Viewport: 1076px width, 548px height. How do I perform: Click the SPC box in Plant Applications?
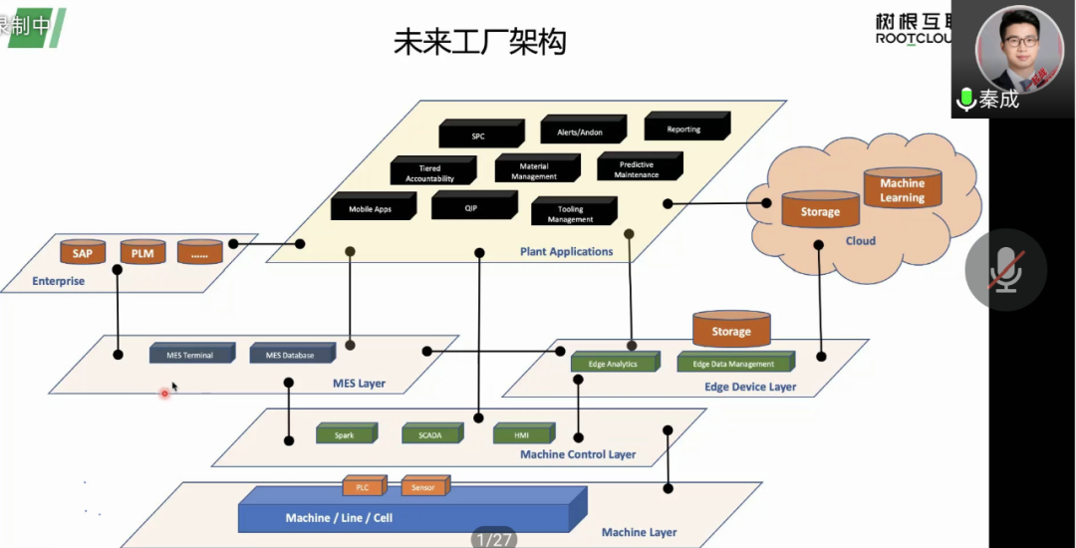pyautogui.click(x=479, y=136)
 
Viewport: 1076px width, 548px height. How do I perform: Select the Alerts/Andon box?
pyautogui.click(x=581, y=132)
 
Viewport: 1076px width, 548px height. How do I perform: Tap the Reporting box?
pyautogui.click(x=684, y=129)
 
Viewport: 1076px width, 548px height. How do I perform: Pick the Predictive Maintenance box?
pyautogui.click(x=637, y=169)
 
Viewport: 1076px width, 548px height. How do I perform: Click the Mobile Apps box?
pyautogui.click(x=371, y=209)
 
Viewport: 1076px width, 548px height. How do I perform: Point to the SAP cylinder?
pyautogui.click(x=83, y=253)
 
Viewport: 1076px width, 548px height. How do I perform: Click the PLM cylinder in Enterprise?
pyautogui.click(x=142, y=253)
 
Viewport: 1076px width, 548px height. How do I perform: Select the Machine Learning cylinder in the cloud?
pyautogui.click(x=902, y=190)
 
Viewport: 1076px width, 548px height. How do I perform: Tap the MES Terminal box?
pyautogui.click(x=190, y=355)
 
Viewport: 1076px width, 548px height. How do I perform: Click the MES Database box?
pyautogui.click(x=290, y=355)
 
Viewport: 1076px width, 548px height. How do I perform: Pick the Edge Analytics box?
pyautogui.click(x=613, y=364)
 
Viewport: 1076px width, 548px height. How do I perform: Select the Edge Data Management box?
pyautogui.click(x=734, y=364)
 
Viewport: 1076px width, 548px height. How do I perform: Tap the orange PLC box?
pyautogui.click(x=364, y=487)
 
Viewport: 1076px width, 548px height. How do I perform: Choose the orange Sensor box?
pyautogui.click(x=423, y=487)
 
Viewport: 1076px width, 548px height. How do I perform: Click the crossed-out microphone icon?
pyautogui.click(x=1005, y=270)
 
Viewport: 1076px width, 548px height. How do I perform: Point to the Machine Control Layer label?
pyautogui.click(x=578, y=454)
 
